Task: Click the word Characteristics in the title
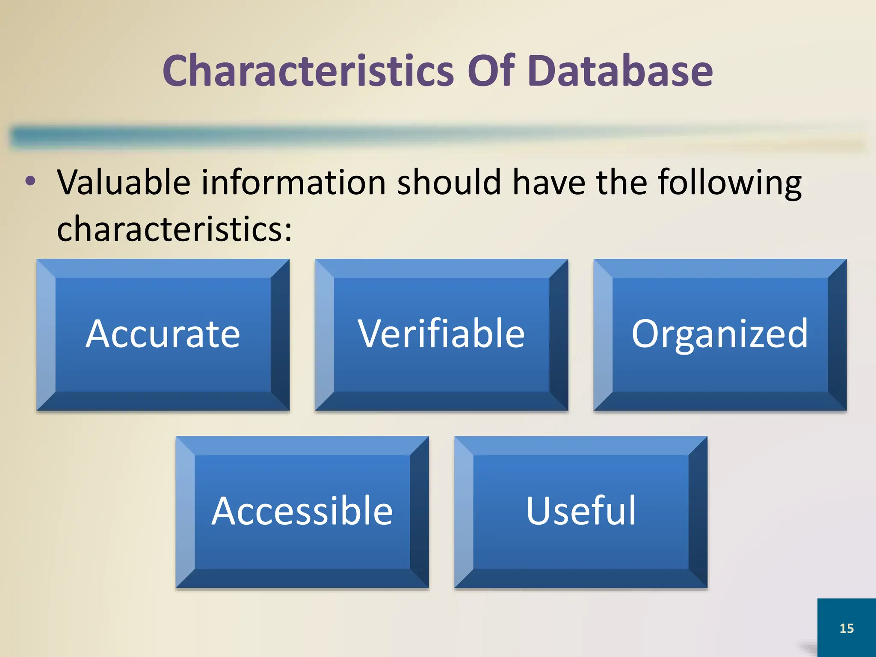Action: point(308,71)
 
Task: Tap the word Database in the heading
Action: point(620,71)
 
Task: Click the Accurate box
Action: point(163,334)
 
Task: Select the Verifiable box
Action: point(441,334)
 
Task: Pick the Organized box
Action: point(720,334)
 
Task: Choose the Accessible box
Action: point(302,512)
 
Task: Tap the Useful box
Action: point(581,512)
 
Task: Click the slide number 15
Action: point(846,628)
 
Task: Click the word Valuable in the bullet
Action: point(124,182)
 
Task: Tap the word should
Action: point(449,182)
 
